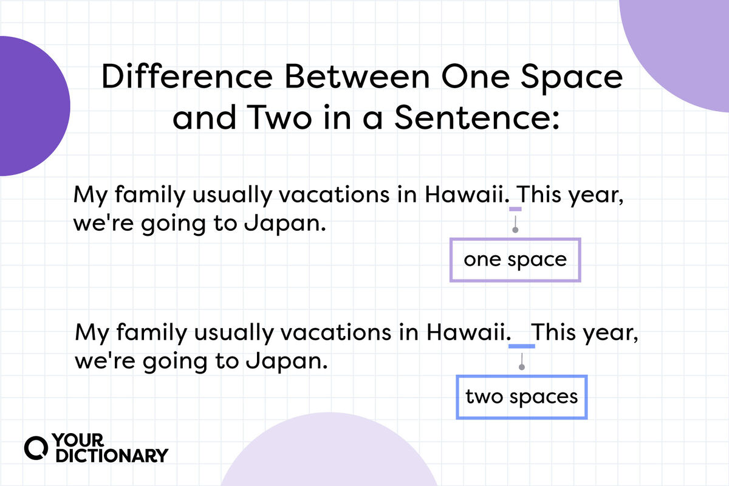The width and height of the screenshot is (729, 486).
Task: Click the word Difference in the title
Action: (187, 76)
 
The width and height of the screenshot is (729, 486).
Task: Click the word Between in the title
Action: (357, 76)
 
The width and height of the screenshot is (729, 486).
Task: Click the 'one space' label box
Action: (515, 238)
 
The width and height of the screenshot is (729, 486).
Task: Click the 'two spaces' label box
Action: (521, 375)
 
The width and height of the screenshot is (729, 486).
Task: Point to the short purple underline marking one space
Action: (515, 209)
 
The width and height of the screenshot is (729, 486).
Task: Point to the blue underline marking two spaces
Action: (522, 346)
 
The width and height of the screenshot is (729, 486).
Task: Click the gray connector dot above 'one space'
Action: (515, 230)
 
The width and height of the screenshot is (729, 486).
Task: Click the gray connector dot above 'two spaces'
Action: (522, 367)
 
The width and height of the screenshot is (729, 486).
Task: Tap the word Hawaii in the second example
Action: (467, 332)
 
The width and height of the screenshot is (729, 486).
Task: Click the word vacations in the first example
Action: (334, 194)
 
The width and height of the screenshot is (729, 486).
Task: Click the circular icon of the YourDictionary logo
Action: (36, 448)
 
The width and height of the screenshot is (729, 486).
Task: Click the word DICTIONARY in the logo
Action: (112, 456)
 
